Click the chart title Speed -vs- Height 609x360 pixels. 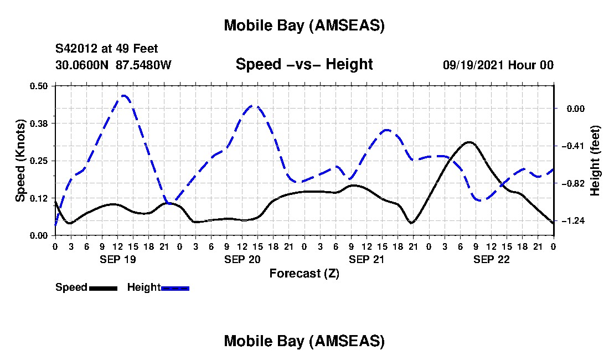(304, 64)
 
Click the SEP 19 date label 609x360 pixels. (117, 259)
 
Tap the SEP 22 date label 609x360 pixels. (491, 259)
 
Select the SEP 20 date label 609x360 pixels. (242, 259)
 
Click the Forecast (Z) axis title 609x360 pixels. (304, 273)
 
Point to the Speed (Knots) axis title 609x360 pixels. (20, 161)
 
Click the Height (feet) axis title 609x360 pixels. (595, 161)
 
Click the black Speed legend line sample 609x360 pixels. (103, 288)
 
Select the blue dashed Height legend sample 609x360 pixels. (175, 288)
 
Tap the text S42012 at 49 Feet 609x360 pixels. (107, 49)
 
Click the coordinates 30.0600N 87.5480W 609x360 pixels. (113, 65)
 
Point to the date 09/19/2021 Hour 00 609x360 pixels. (498, 65)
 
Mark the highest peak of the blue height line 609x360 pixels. (124, 95)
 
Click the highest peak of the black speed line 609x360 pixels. (469, 142)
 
